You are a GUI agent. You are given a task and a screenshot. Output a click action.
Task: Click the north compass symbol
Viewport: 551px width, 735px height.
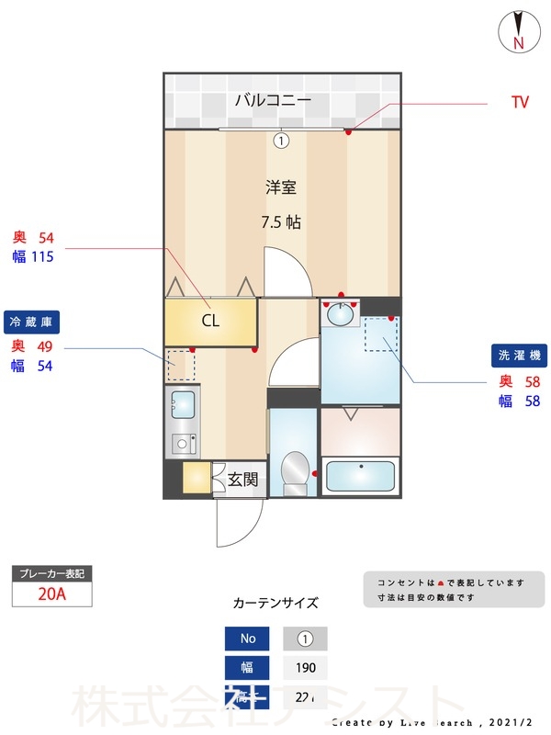[518, 31]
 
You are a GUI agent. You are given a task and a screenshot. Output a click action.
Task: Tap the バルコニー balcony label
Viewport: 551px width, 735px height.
[273, 100]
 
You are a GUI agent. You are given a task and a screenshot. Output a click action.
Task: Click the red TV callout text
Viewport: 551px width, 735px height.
[520, 103]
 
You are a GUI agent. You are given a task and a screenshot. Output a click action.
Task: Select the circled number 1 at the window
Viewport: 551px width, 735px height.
[281, 141]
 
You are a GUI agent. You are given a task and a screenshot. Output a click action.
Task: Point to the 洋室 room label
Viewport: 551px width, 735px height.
[281, 187]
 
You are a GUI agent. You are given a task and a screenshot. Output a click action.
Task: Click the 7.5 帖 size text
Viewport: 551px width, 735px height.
[281, 222]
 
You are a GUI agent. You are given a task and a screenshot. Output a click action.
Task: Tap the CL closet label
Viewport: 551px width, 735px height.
[210, 322]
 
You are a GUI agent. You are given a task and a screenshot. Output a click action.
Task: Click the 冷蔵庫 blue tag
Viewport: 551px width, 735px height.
[34, 322]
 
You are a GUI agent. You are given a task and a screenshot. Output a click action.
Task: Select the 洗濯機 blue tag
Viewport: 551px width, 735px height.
[521, 355]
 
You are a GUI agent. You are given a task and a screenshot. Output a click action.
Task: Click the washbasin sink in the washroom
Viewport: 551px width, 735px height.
[342, 315]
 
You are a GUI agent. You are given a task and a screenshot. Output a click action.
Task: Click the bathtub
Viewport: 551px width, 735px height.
[361, 476]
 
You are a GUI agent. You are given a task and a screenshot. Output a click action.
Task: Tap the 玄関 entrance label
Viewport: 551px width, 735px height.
[242, 479]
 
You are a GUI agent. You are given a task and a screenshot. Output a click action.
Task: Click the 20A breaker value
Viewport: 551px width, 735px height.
[52, 594]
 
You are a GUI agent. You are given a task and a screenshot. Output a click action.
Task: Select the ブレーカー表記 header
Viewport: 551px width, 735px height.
[52, 573]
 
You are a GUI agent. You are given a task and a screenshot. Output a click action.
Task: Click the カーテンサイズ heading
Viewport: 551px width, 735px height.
[275, 604]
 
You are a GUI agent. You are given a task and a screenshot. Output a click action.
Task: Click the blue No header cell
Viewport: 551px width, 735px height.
[248, 639]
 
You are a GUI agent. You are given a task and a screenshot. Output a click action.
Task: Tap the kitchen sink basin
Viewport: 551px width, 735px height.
[183, 404]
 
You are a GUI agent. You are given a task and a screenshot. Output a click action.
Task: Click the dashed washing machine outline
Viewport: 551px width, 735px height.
[380, 334]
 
